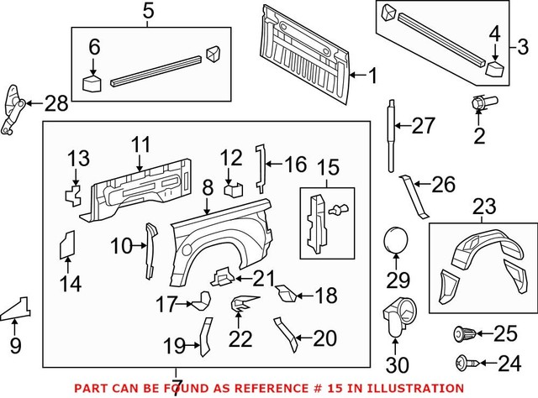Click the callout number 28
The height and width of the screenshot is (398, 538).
pyautogui.click(x=55, y=105)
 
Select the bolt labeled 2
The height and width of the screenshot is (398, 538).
pyautogui.click(x=480, y=106)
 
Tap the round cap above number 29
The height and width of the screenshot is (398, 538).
pyautogui.click(x=396, y=241)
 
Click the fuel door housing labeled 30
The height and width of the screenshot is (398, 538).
pyautogui.click(x=396, y=318)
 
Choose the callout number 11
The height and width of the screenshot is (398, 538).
pyautogui.click(x=140, y=144)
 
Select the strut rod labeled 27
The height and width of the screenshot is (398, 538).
pyautogui.click(x=391, y=131)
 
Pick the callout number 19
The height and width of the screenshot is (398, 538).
pyautogui.click(x=173, y=345)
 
